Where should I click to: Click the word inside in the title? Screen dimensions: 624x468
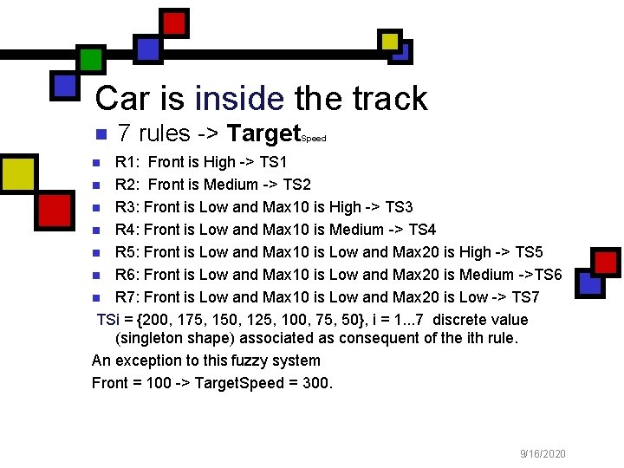pos(239,99)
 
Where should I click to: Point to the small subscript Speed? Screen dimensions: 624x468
pos(313,139)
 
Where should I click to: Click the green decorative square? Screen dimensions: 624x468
pos(91,58)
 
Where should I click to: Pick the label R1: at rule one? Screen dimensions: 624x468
pos(128,162)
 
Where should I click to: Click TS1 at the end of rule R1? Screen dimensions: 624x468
pos(272,162)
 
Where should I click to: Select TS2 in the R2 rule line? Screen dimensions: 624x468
pos(295,185)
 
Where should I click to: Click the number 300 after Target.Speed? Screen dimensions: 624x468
pos(315,383)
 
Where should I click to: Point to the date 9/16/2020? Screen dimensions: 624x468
pos(543,453)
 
